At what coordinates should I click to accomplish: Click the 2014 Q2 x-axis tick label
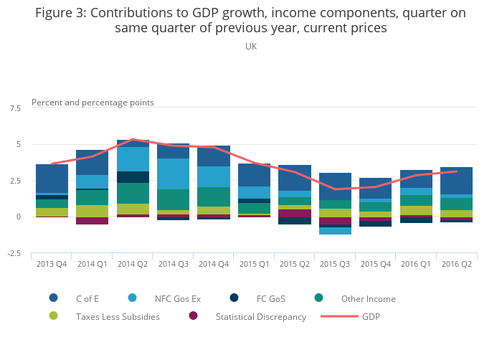tap(133, 264)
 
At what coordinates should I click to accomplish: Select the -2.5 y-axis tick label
tap(14, 253)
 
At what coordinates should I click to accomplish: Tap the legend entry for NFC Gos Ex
tap(179, 298)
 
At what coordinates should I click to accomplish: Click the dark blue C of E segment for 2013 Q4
tap(52, 179)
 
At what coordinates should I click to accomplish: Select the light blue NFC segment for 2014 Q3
tap(173, 174)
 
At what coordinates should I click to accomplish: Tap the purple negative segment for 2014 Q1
tap(92, 221)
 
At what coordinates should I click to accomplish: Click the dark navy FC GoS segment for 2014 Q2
tap(133, 177)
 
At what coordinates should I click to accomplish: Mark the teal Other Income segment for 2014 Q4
tap(214, 196)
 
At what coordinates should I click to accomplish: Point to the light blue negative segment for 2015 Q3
tap(335, 231)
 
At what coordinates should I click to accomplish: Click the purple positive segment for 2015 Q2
tap(295, 213)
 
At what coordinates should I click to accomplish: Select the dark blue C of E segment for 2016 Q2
tap(456, 180)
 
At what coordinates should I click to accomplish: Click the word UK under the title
tap(251, 47)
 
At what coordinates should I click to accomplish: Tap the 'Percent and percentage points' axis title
tap(93, 103)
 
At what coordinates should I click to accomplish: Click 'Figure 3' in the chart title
tap(60, 13)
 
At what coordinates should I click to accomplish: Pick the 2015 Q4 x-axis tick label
tap(375, 264)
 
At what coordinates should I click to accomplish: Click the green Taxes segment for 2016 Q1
tap(416, 210)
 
